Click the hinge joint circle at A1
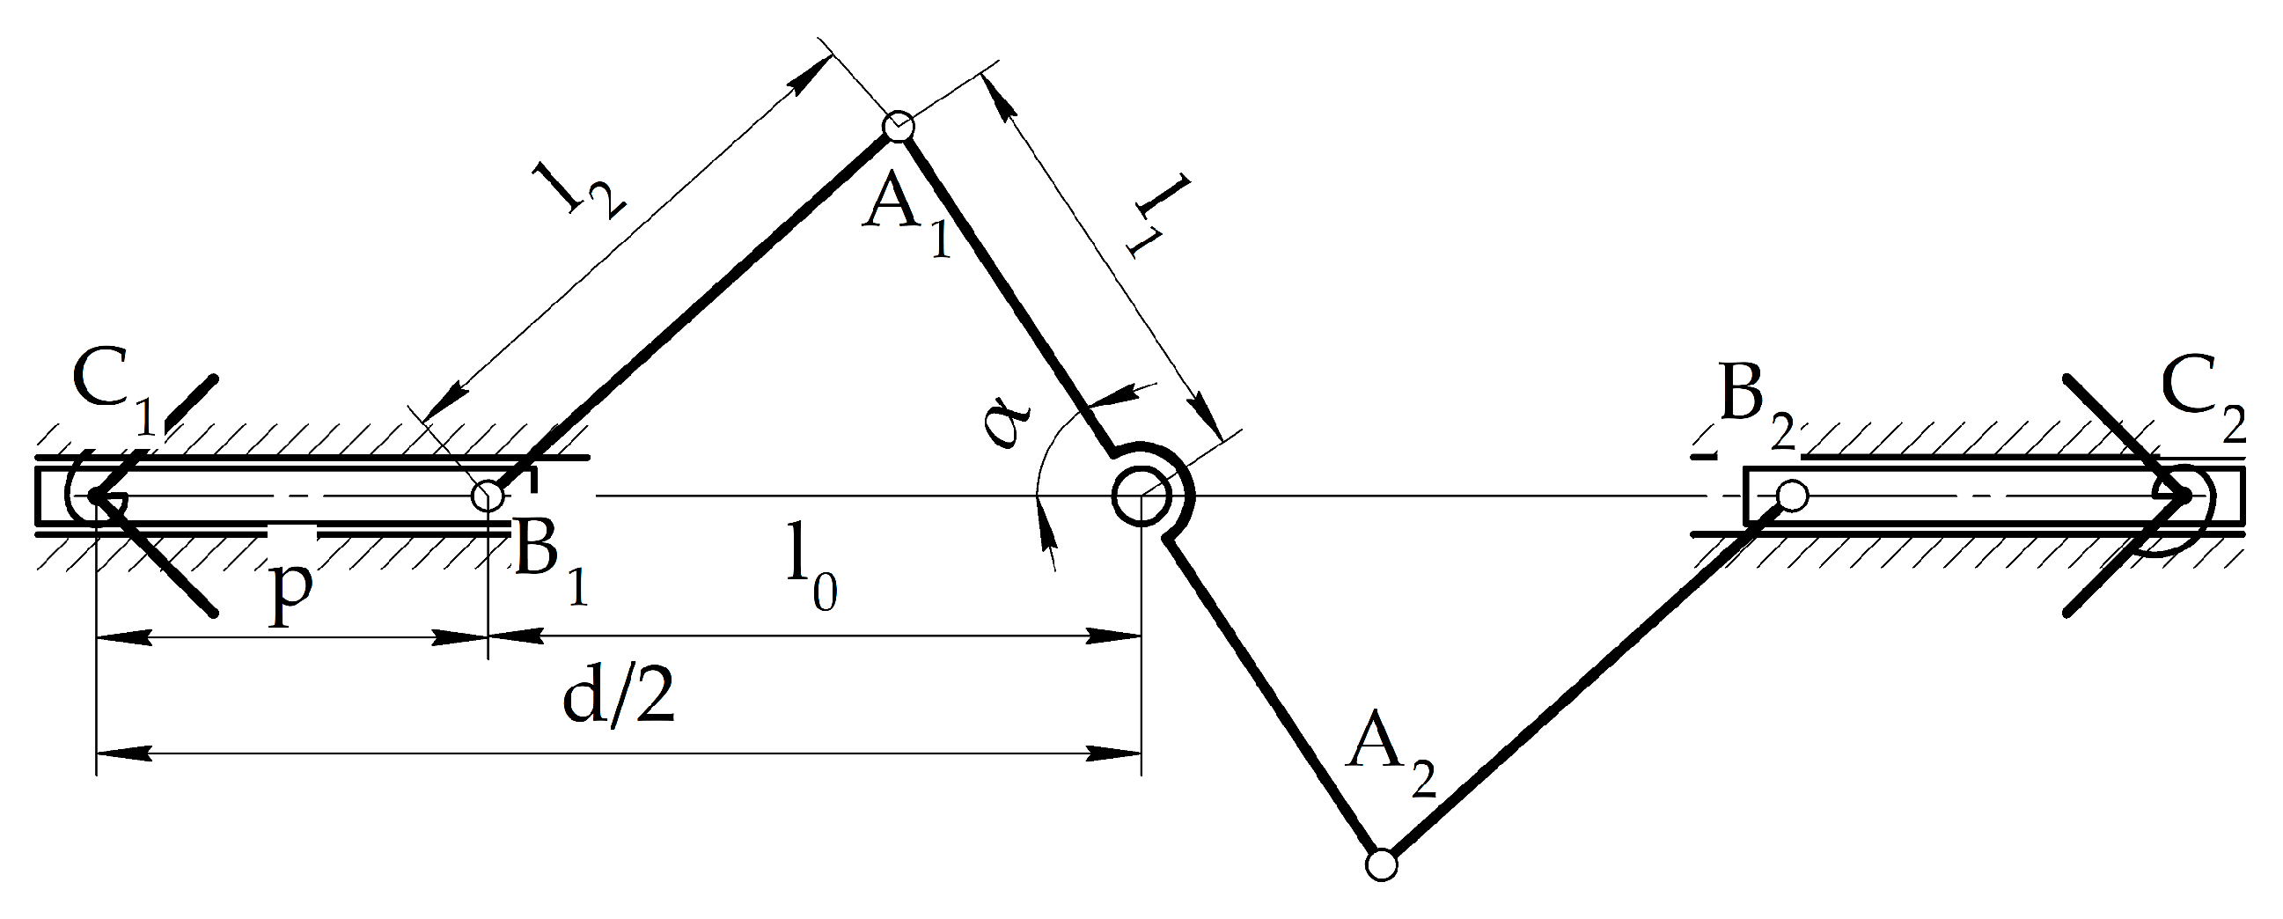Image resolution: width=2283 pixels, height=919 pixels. [899, 126]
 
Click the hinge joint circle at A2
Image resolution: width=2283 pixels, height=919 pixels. [1381, 864]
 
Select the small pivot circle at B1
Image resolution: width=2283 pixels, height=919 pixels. [487, 496]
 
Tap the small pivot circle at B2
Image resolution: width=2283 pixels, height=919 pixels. [1793, 495]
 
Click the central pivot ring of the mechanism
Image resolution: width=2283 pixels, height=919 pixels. [1141, 496]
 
